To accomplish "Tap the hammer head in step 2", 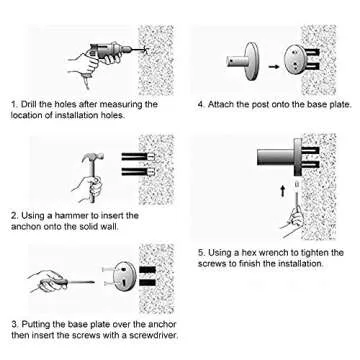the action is (93, 158).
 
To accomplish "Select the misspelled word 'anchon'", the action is (24, 227).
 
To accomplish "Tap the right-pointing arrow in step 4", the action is (273, 67).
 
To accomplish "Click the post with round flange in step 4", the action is (244, 62).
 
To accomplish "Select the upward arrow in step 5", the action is (283, 191).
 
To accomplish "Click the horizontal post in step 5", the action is (276, 157).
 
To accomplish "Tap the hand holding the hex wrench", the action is (293, 220).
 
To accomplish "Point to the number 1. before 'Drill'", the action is (14, 104).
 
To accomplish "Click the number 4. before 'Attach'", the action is (201, 104).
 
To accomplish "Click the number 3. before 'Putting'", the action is (16, 324).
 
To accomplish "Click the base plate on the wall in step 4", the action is (295, 59).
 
